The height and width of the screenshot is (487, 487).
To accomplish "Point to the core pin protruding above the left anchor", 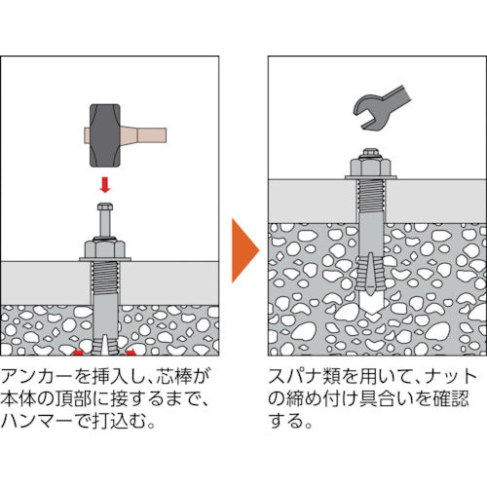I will point(104,215).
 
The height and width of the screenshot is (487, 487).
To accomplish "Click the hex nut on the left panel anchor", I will point(104,247).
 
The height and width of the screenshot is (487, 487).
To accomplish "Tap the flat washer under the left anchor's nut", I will point(104,259).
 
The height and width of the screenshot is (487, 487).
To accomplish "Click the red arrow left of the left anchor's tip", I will point(74,347).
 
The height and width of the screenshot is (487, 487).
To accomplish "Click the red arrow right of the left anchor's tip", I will point(132,347).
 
